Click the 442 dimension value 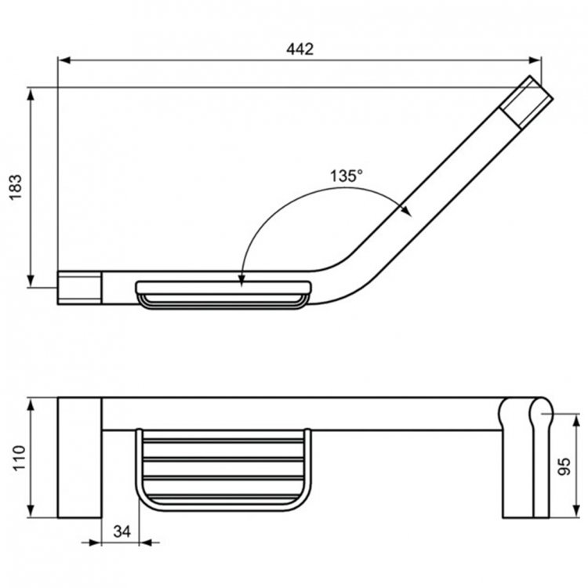click(x=300, y=49)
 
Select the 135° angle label click(x=346, y=176)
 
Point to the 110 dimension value click(x=17, y=457)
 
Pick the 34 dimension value click(x=121, y=531)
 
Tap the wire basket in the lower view click(x=223, y=468)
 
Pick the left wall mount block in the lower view click(x=79, y=457)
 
